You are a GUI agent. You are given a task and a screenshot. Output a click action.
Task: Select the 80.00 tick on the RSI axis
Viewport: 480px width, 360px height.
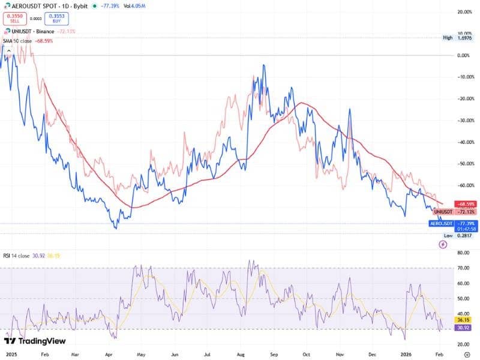(463, 253)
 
